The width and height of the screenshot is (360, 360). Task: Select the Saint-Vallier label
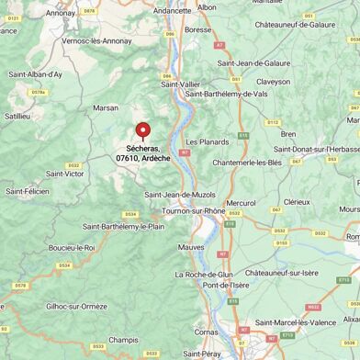pos(181,84)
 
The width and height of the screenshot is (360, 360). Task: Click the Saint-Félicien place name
pos(28,191)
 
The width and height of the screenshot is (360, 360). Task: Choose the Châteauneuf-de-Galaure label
pos(294,25)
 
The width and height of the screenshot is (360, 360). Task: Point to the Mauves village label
pos(191,247)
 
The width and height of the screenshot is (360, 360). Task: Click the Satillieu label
pos(17,117)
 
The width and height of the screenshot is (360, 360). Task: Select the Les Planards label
pos(207,142)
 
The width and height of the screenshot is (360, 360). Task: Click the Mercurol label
pos(241,203)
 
